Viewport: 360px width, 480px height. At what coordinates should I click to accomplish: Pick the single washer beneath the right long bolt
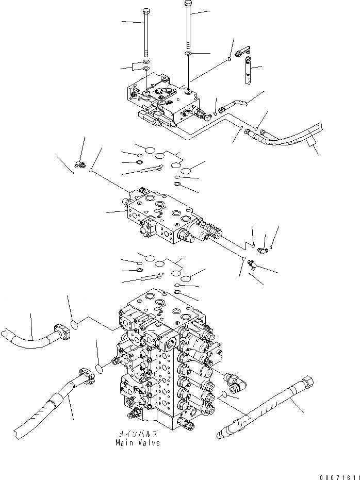point(189,54)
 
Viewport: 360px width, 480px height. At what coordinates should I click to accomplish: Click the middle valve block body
point(165,214)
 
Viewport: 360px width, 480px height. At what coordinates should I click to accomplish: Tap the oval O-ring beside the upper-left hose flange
point(74,325)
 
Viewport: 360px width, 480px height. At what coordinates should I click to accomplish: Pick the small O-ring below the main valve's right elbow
point(222,395)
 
